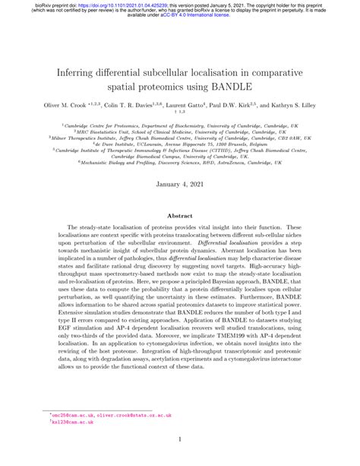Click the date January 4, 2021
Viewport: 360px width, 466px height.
click(x=179, y=185)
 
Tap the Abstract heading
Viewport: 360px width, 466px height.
click(x=179, y=216)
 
